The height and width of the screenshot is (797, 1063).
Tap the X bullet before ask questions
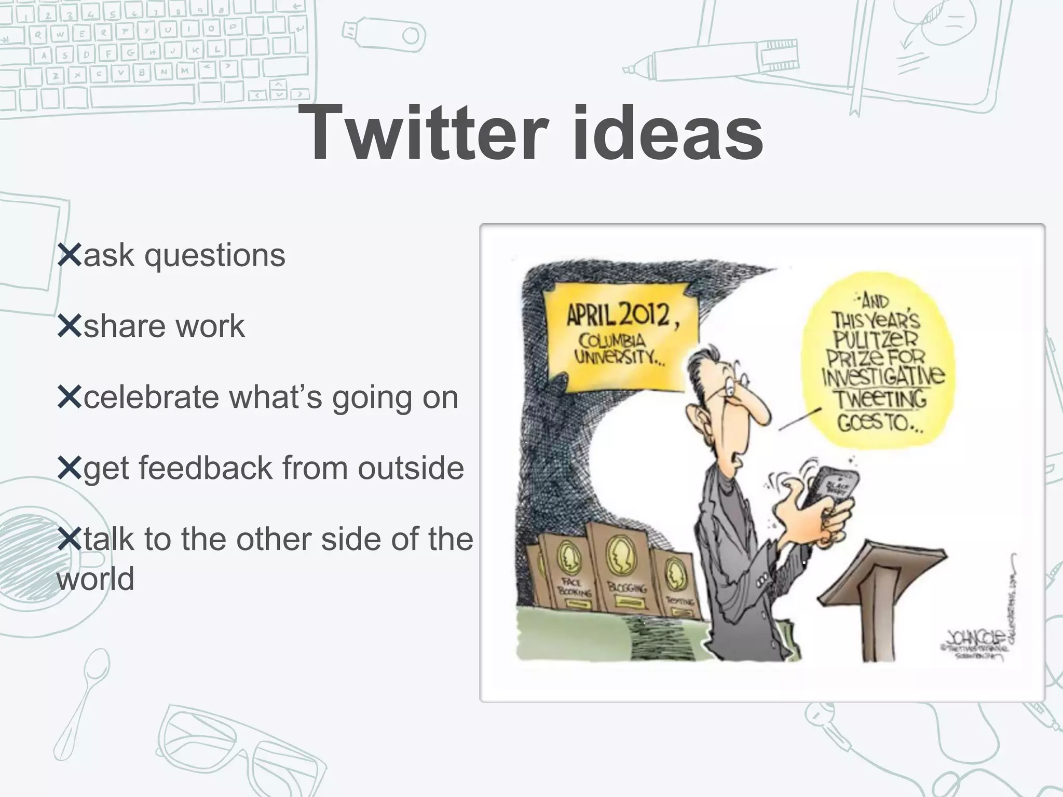click(x=70, y=255)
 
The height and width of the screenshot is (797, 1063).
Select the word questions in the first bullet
click(x=215, y=256)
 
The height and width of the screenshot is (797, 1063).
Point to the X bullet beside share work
click(x=70, y=326)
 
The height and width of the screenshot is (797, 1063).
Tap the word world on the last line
click(x=96, y=578)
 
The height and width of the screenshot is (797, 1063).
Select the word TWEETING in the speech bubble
click(x=879, y=399)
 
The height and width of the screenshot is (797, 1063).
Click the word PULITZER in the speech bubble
click(x=876, y=339)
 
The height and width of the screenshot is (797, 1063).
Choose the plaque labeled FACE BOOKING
click(x=566, y=576)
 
